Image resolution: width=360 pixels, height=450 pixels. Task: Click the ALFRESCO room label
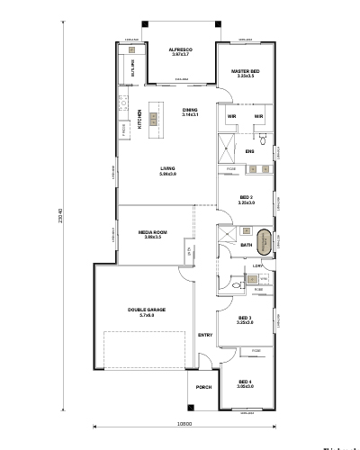pyautogui.click(x=184, y=51)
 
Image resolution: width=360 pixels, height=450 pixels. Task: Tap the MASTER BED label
pyautogui.click(x=246, y=72)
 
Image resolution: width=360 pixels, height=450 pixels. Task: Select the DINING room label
pyautogui.click(x=189, y=111)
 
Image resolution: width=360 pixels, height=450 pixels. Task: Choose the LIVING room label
pyautogui.click(x=167, y=169)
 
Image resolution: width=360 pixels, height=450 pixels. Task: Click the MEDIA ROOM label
pyautogui.click(x=151, y=233)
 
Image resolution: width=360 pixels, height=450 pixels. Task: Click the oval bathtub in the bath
pyautogui.click(x=264, y=243)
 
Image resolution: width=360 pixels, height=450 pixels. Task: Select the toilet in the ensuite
pyautogui.click(x=264, y=141)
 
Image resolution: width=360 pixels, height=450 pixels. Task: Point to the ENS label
pyautogui.click(x=250, y=151)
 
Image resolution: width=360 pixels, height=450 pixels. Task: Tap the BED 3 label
pyautogui.click(x=246, y=319)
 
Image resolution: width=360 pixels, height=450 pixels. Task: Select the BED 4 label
pyautogui.click(x=246, y=383)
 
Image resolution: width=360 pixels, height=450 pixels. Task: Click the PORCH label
pyautogui.click(x=203, y=388)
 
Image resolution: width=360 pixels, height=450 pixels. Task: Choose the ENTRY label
pyautogui.click(x=205, y=335)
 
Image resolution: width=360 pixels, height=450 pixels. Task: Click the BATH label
pyautogui.click(x=246, y=245)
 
